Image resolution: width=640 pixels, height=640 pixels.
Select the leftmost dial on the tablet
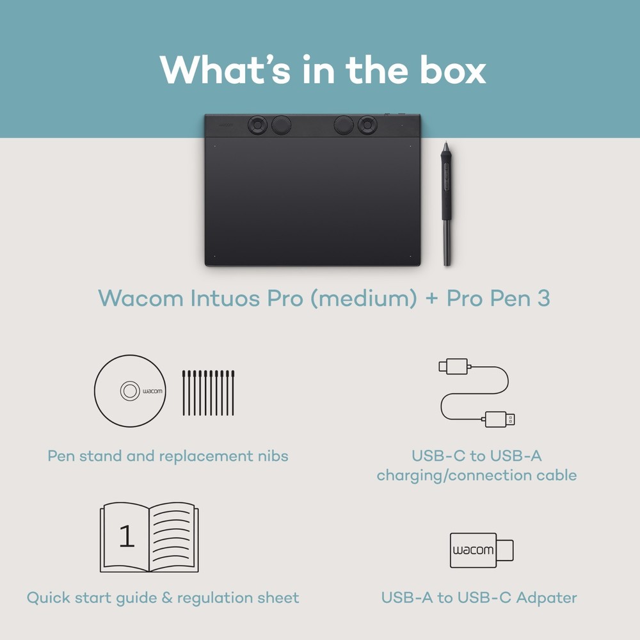(x=256, y=125)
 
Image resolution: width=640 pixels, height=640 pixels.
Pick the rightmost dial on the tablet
(x=367, y=125)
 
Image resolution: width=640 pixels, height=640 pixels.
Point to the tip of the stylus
(x=445, y=140)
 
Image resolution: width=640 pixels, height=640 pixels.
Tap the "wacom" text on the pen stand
(x=152, y=391)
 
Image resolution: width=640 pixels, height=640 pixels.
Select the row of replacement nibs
(x=208, y=392)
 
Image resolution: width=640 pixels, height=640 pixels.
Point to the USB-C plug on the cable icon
(x=452, y=367)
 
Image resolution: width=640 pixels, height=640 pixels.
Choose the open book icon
(x=149, y=538)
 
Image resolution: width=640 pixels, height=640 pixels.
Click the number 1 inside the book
(x=127, y=537)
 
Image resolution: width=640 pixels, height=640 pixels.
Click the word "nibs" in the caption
(x=273, y=456)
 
